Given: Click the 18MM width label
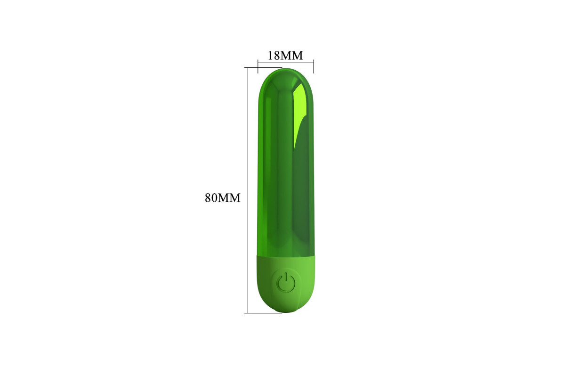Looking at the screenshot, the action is tap(285, 56).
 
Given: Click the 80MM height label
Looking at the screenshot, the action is tap(222, 198).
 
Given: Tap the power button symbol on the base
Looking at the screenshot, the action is tap(286, 282).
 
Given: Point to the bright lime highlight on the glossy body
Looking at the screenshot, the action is tap(301, 111).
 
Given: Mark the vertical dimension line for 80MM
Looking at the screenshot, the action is tap(248, 190).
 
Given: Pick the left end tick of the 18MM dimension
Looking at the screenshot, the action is tap(258, 66).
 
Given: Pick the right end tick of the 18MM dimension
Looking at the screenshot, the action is tap(314, 66).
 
